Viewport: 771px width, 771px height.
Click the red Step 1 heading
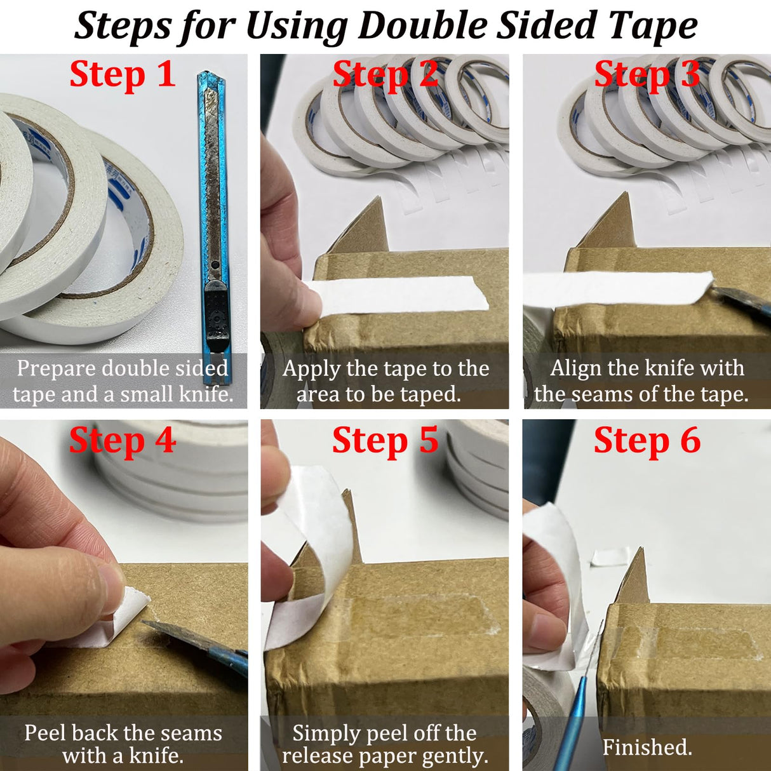(123, 74)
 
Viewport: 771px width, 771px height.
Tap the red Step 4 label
(123, 440)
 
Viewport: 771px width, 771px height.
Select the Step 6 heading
(647, 440)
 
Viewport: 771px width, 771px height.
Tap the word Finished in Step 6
(647, 748)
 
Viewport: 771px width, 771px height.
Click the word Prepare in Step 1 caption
(56, 368)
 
